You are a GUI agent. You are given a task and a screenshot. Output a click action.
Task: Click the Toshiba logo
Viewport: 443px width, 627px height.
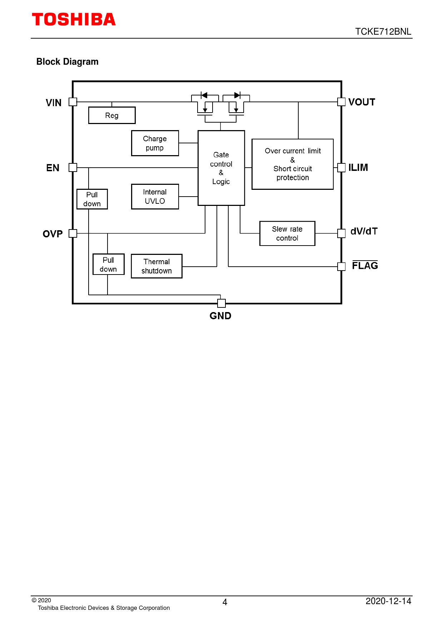point(74,20)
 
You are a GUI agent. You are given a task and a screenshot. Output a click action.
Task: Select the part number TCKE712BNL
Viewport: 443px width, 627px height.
point(383,31)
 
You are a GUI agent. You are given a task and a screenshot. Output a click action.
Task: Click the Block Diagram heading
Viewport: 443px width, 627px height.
point(67,62)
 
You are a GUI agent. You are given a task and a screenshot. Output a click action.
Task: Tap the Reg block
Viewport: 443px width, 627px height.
point(112,115)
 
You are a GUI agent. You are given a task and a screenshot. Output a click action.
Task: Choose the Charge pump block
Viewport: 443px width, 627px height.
point(155,143)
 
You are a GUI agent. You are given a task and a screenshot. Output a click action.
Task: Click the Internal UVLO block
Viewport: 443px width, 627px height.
point(155,197)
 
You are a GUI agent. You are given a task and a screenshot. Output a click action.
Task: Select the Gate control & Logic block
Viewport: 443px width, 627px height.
point(221,168)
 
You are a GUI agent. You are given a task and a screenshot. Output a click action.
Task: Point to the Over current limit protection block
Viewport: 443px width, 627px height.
point(293,164)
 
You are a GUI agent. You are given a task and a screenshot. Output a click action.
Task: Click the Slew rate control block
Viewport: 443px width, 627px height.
point(287,233)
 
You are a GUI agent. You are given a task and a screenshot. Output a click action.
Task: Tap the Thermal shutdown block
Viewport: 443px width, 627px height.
point(156,266)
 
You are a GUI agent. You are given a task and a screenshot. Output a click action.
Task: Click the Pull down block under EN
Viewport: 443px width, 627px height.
point(92,199)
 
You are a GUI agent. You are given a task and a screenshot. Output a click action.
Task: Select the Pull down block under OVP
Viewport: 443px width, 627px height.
point(108,265)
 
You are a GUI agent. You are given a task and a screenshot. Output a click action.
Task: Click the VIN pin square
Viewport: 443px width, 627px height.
point(73,102)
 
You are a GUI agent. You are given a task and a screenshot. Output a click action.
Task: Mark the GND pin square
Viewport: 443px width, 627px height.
point(221,303)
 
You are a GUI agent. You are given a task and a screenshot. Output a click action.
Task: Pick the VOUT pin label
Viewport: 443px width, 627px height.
point(362,102)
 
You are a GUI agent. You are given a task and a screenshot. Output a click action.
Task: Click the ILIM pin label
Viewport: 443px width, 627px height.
point(358,168)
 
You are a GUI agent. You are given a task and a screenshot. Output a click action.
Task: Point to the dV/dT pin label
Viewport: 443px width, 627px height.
point(364,231)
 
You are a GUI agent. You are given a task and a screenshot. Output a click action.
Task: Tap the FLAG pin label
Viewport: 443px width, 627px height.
point(365,266)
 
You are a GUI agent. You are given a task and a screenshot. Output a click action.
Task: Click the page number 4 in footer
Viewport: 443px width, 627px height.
point(225,602)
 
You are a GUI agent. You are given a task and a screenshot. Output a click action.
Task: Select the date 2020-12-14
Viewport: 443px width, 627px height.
point(388,601)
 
